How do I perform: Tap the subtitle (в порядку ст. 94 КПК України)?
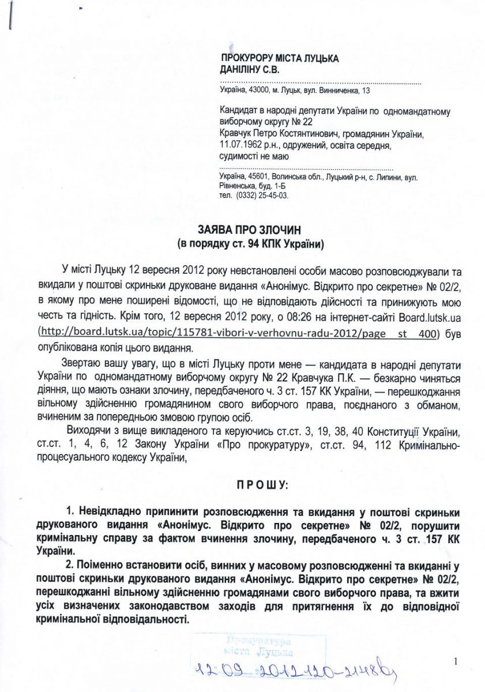251,244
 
